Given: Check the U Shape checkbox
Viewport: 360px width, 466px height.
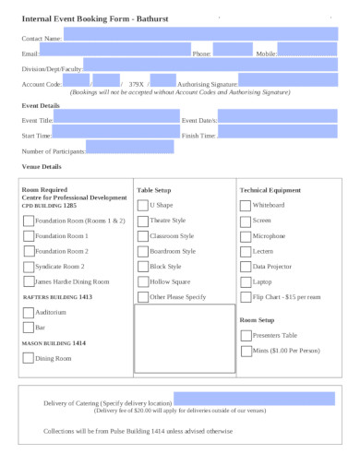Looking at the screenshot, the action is (x=142, y=206).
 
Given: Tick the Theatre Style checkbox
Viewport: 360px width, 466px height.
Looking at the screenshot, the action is (x=142, y=221).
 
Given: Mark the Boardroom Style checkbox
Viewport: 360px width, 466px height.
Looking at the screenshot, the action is (x=142, y=251).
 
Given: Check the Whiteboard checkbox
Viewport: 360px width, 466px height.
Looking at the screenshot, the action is (x=245, y=206).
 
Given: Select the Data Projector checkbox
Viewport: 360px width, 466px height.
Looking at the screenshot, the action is (x=245, y=266).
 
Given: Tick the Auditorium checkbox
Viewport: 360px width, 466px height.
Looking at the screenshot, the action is (x=28, y=313).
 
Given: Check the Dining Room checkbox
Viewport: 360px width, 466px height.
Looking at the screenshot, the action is (x=28, y=358).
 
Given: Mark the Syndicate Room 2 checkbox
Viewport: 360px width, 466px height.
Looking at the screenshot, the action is (x=28, y=267).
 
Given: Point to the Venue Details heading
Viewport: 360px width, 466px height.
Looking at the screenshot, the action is (x=42, y=167).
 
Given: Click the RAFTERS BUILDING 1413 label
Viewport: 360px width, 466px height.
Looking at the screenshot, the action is (x=56, y=297).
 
